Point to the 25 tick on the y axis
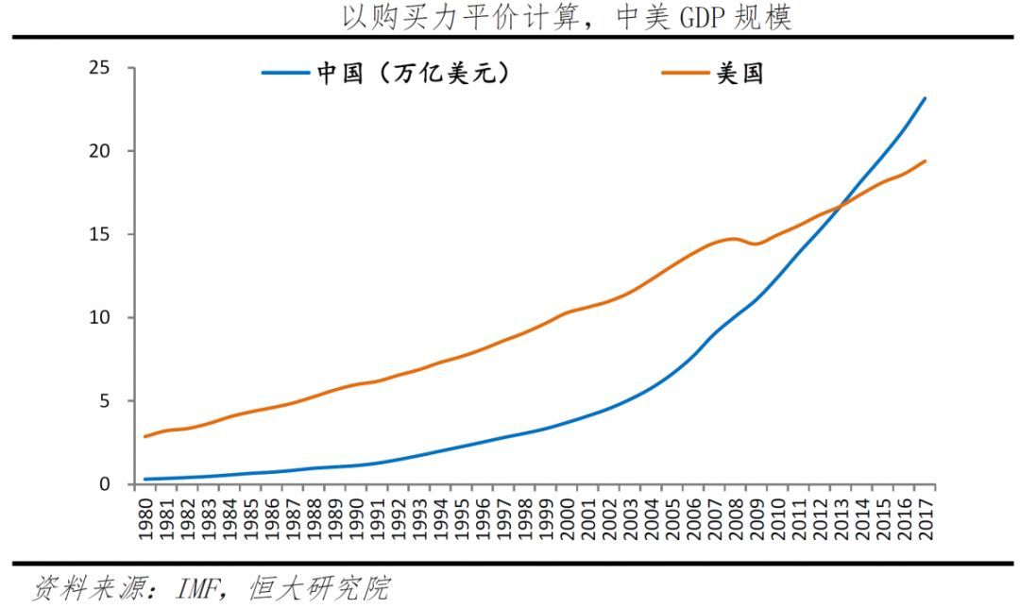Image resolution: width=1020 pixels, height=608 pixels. (99, 68)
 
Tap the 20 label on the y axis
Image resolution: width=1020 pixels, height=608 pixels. (99, 151)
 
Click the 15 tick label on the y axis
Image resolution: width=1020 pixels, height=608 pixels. (99, 234)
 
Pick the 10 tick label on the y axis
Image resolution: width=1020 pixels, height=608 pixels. (99, 317)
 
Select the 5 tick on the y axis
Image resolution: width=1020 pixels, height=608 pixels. (105, 400)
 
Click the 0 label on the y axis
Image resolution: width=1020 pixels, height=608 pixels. (105, 483)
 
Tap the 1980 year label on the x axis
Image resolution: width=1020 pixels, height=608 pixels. (145, 518)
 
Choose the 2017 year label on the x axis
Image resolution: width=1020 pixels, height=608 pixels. (925, 518)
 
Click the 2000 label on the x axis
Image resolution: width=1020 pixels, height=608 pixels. (567, 518)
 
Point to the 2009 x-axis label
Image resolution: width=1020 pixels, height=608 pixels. (756, 518)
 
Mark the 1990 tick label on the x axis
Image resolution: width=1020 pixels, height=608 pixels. (356, 518)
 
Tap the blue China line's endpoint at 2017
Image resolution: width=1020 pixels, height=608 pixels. (925, 98)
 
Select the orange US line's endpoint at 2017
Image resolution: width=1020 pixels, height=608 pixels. (925, 161)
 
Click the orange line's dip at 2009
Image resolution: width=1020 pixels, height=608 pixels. (756, 244)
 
